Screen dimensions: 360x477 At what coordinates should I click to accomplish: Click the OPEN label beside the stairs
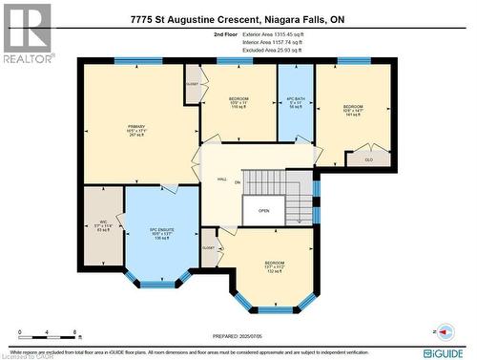coord(263,211)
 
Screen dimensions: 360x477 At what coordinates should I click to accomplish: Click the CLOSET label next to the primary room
coord(193,83)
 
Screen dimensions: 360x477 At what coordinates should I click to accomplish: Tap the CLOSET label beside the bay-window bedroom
coord(208,247)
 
